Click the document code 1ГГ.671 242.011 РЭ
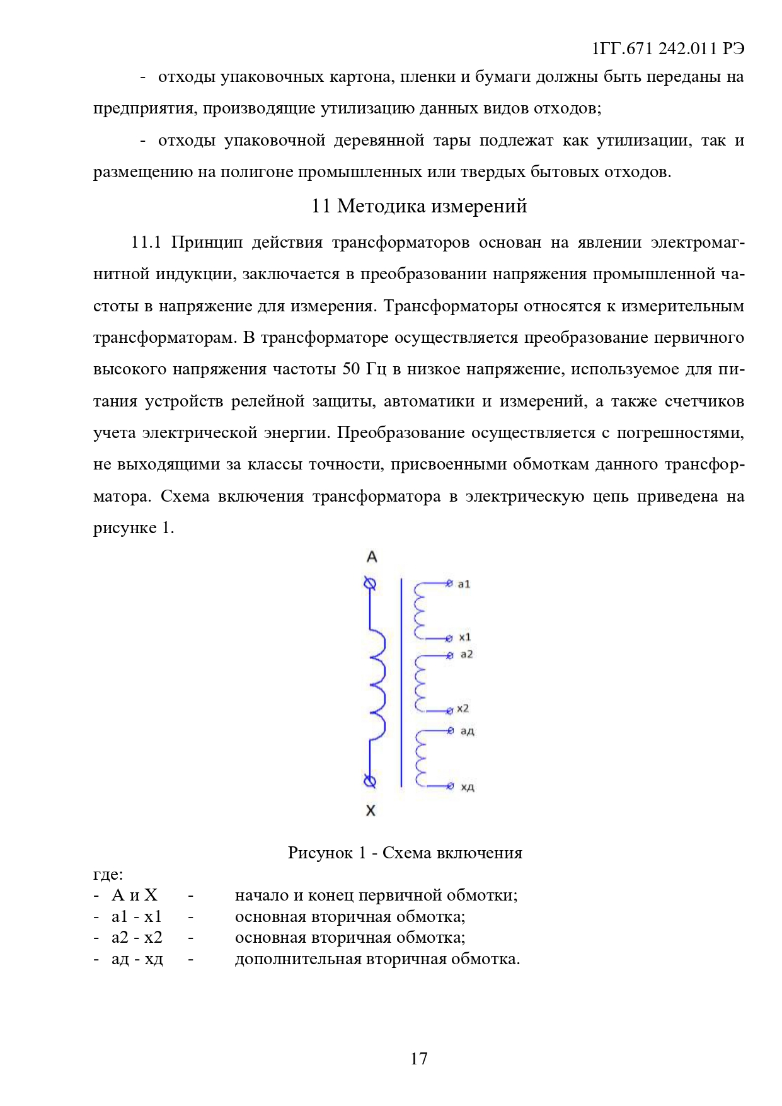coord(669,49)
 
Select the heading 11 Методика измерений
coord(419,206)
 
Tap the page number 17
coord(419,1059)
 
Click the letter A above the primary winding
coord(372,557)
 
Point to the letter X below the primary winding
coord(371,810)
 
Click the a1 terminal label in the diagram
coord(464,584)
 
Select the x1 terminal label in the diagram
coord(464,637)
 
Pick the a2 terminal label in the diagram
coord(466,655)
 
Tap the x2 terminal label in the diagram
coord(463,709)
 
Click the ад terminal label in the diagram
coord(467,731)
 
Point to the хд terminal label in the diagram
coord(467,787)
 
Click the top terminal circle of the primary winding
coord(371,584)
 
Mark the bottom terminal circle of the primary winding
coord(371,781)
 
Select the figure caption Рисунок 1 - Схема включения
coord(405,853)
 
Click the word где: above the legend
coord(108,874)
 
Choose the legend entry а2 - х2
coord(137,938)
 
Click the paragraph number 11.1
coord(146,243)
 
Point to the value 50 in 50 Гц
coord(351,369)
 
